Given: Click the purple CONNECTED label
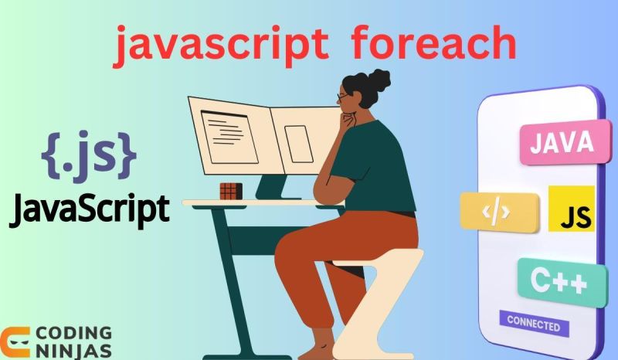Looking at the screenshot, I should click(533, 324).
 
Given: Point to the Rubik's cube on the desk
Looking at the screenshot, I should click(230, 191).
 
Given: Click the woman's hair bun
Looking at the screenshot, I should click(379, 80).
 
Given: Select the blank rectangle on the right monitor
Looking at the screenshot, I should click(297, 143).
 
